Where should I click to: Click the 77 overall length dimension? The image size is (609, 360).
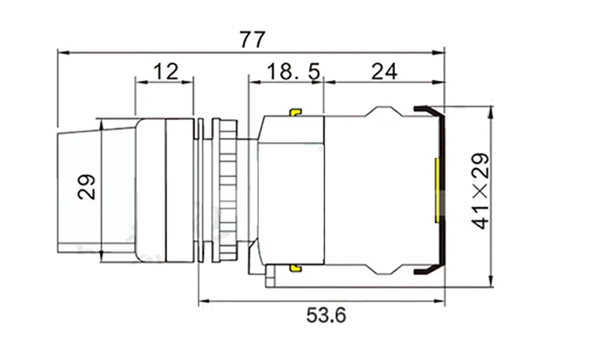[x=253, y=40]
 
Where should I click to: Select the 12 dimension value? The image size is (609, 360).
[x=166, y=72]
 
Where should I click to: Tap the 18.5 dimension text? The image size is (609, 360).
[x=294, y=72]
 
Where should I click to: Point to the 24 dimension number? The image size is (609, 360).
[x=384, y=72]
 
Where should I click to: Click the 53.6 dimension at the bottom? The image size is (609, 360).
[x=326, y=315]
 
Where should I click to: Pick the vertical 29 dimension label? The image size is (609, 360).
[x=86, y=187]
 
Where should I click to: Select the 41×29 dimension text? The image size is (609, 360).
[x=480, y=191]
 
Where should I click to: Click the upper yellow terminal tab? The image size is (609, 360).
[x=295, y=112]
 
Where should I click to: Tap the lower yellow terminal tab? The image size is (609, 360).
[x=295, y=268]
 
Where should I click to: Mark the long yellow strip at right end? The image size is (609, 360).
[x=437, y=191]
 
